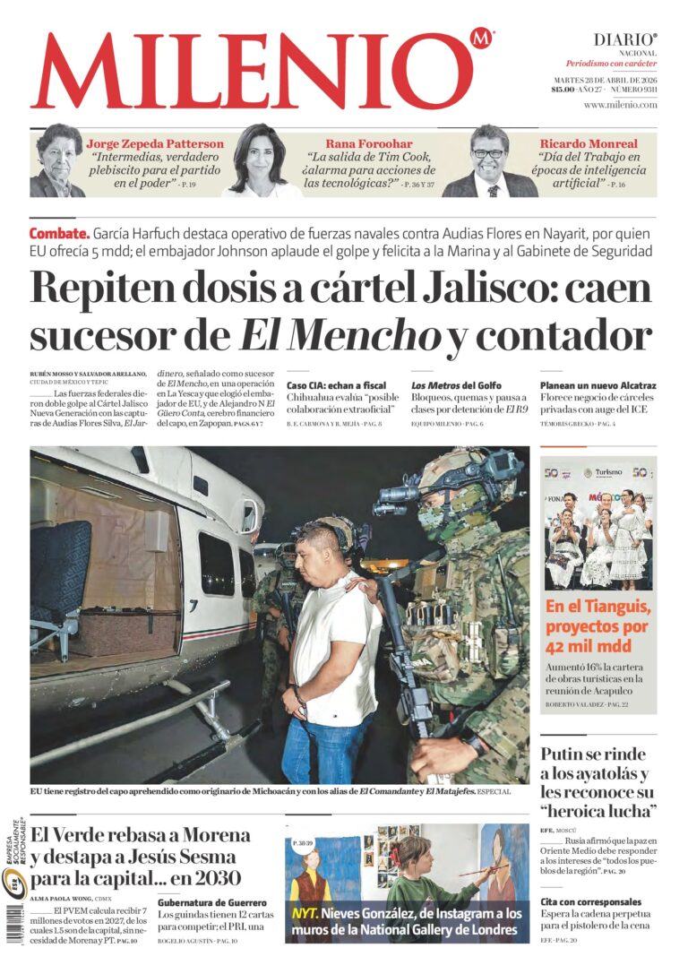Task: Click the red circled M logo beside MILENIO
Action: tap(481, 39)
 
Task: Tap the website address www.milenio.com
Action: tap(620, 105)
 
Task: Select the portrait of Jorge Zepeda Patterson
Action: tap(58, 160)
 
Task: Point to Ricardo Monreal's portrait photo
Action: tap(489, 160)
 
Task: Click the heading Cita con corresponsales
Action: tap(591, 901)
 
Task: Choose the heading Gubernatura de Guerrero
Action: tap(212, 902)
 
